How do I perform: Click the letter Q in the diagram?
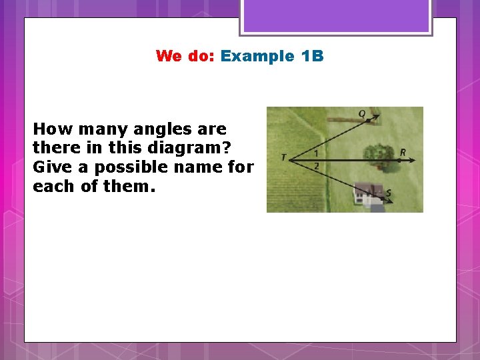(362, 113)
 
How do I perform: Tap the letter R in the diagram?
(403, 153)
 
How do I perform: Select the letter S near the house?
(389, 193)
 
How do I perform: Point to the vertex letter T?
(283, 158)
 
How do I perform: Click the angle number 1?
(316, 153)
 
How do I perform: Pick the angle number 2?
(316, 165)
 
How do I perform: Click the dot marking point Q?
(368, 121)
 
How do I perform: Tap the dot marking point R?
(399, 160)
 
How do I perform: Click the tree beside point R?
(377, 155)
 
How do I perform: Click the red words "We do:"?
(184, 56)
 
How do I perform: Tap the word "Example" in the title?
(257, 56)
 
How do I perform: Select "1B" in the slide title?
(312, 56)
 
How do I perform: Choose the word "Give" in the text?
(53, 167)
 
